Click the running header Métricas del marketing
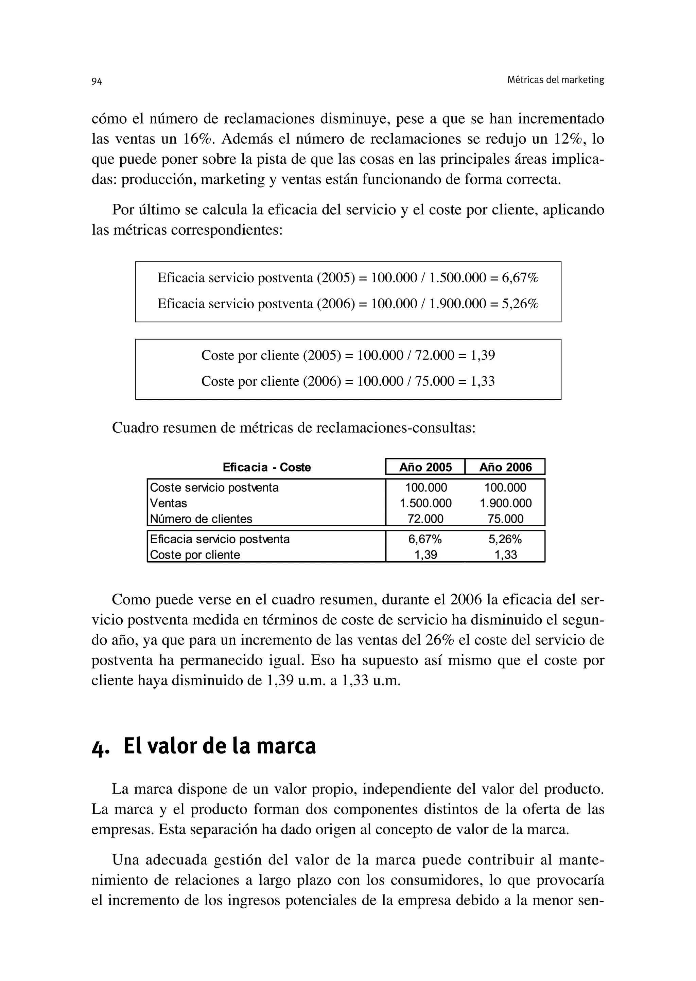555,80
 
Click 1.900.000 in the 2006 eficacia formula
457,304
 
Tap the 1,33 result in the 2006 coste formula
483,381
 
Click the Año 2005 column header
425,467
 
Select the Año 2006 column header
505,467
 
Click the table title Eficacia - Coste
266,467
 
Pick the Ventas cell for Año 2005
425,503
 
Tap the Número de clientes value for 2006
505,519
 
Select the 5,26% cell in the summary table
505,539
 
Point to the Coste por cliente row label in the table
195,555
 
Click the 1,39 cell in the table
425,555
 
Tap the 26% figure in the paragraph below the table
439,640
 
